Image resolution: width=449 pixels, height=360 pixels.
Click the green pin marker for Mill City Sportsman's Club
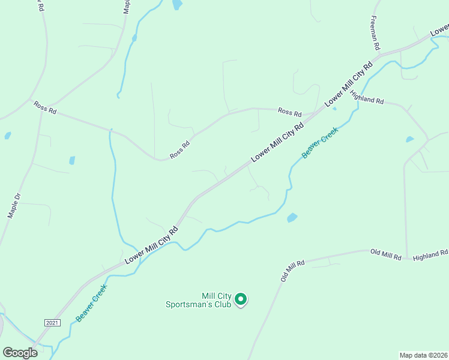tap(241, 299)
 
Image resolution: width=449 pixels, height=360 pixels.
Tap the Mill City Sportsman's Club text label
tap(199, 300)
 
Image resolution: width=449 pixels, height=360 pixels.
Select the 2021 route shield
tap(53, 323)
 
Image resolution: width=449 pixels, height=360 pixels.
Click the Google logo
tap(20, 353)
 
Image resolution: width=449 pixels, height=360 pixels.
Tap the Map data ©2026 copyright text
tap(423, 355)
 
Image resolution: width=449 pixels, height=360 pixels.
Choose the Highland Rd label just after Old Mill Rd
tap(430, 254)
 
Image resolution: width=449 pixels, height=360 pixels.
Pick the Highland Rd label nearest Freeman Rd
tap(367, 98)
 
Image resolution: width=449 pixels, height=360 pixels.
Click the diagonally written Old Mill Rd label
tap(293, 270)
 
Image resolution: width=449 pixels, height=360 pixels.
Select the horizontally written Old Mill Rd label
tap(385, 254)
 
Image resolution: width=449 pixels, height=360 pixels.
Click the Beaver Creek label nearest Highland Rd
tap(320, 142)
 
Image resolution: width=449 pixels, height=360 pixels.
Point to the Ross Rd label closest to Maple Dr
tap(45, 107)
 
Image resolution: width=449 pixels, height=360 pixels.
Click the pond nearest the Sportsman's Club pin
tap(292, 218)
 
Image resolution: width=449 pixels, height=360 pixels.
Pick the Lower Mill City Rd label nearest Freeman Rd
tap(349, 84)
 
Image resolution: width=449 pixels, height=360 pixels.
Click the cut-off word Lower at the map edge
tap(439, 29)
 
